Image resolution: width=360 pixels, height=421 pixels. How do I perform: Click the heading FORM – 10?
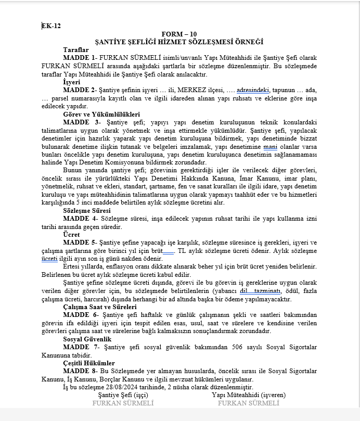(x=179, y=33)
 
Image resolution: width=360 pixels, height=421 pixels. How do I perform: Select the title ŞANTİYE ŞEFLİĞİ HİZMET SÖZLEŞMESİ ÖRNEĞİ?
(x=179, y=41)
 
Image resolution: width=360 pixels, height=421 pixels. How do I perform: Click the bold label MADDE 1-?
(x=80, y=57)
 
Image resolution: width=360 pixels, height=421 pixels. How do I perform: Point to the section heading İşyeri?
(x=72, y=82)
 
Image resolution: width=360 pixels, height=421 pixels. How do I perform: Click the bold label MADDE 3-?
(x=81, y=122)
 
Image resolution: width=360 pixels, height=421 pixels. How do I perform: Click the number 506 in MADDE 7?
(x=223, y=347)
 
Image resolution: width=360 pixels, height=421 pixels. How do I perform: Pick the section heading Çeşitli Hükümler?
(x=89, y=363)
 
